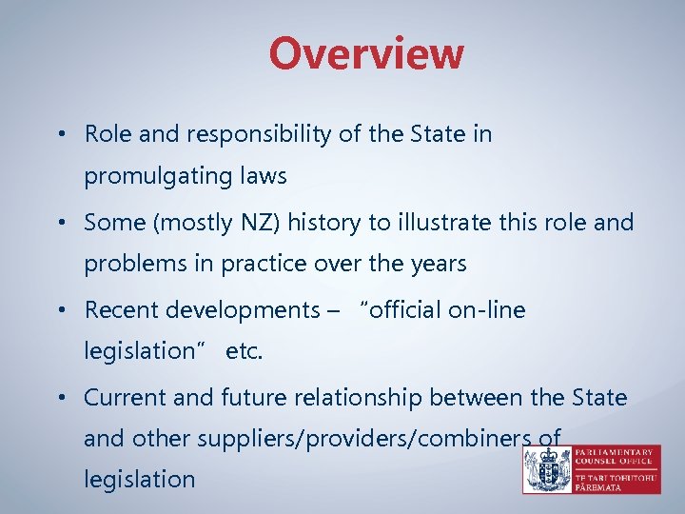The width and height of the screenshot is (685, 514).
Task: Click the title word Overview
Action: tap(365, 54)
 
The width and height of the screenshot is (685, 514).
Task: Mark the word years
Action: tap(440, 265)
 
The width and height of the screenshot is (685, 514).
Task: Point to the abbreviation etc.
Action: tap(244, 351)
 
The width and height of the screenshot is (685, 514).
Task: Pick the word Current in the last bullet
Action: tap(122, 397)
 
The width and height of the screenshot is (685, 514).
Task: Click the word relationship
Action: tap(354, 397)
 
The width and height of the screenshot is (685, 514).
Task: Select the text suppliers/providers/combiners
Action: tap(369, 439)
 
